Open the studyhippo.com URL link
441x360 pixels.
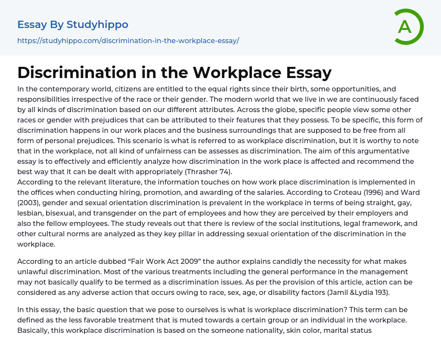click(x=128, y=41)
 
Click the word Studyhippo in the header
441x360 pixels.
click(x=97, y=25)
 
